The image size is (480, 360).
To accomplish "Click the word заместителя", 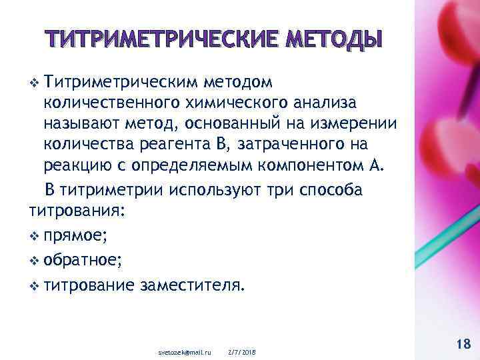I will pyautogui.click(x=192, y=285).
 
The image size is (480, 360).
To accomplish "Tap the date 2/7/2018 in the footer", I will pyautogui.click(x=242, y=351).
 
